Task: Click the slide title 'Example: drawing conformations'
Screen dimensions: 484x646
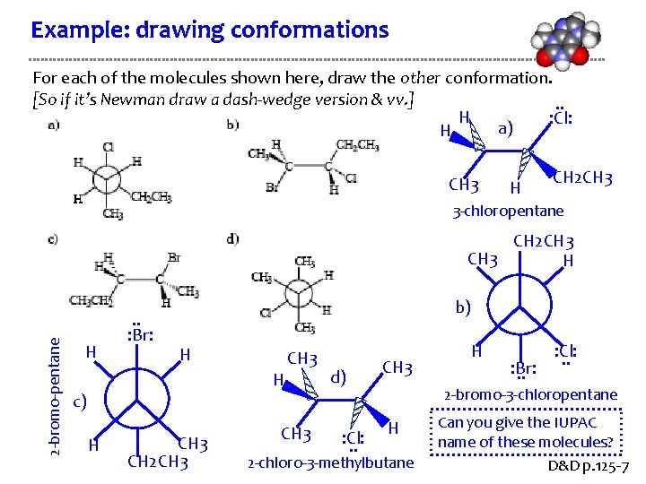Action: [x=209, y=30]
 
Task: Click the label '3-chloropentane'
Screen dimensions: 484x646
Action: [x=508, y=212]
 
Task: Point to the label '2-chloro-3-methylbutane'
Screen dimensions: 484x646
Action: [x=331, y=463]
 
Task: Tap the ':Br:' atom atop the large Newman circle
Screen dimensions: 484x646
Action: [x=139, y=336]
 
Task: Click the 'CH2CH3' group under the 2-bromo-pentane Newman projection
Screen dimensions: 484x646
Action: [x=158, y=462]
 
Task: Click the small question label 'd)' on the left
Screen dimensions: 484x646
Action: [x=232, y=238]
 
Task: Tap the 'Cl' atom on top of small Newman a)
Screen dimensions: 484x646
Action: [x=108, y=146]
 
